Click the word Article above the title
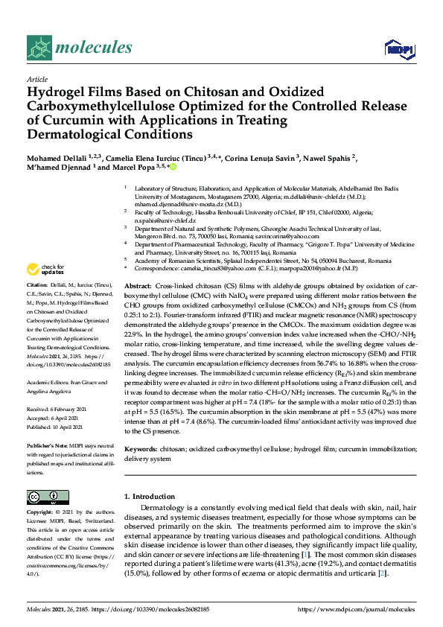36,78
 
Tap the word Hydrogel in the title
59,92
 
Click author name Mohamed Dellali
57,159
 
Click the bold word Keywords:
141,450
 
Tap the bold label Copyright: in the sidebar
42,513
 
